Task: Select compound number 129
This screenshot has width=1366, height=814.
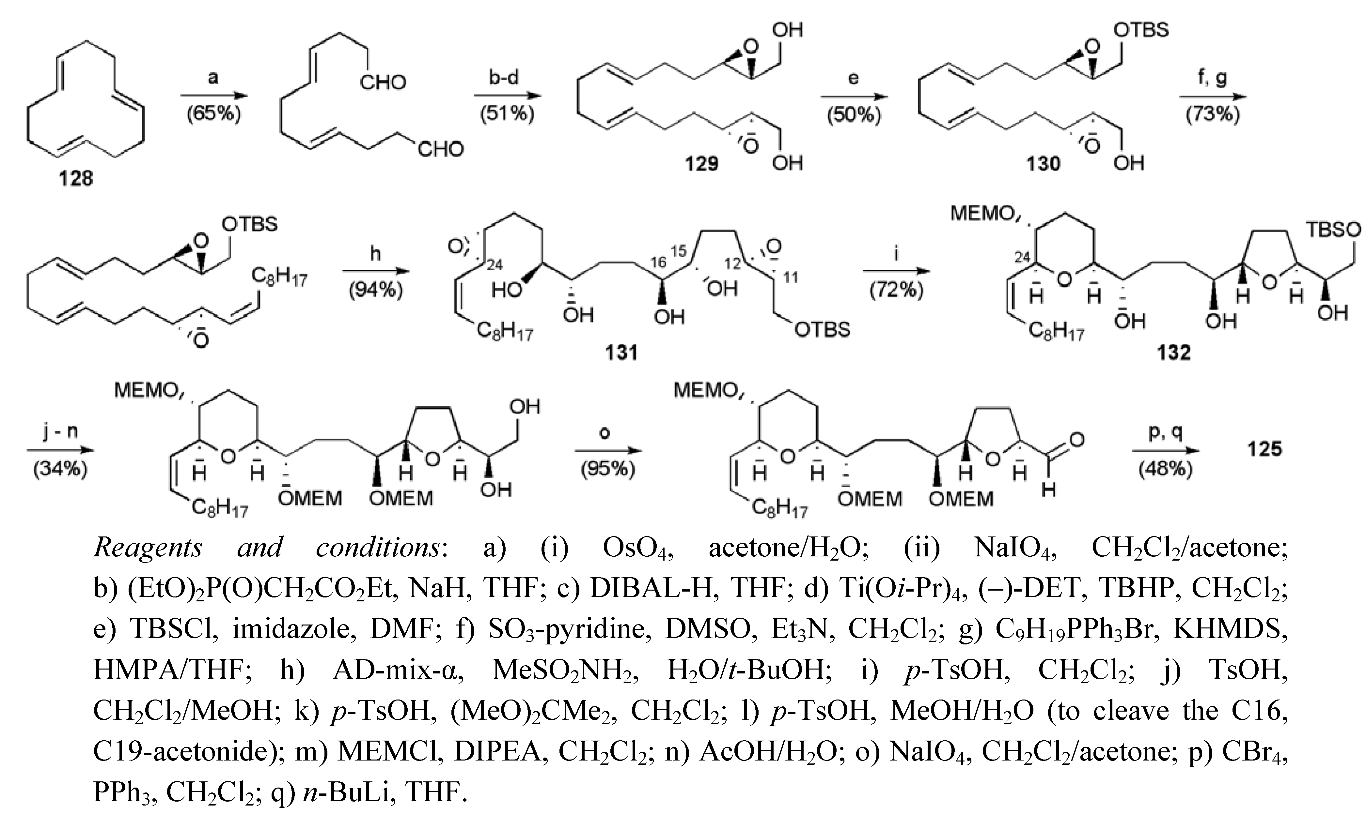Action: (701, 163)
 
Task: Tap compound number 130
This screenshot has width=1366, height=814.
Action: (1043, 163)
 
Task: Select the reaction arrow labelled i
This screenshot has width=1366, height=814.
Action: (897, 271)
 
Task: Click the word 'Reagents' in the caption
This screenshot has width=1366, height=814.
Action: (148, 548)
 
